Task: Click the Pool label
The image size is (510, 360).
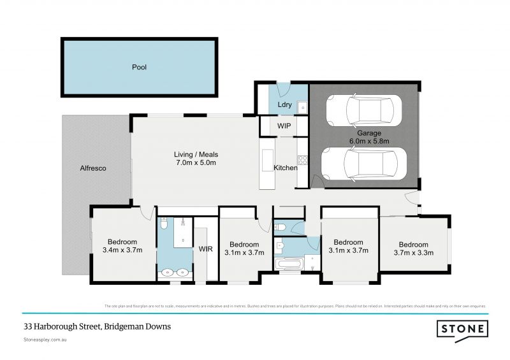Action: (139, 67)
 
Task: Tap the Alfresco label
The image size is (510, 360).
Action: (92, 169)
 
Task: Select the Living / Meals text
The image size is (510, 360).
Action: (196, 155)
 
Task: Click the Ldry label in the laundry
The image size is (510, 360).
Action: (284, 104)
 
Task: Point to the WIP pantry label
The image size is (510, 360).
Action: (284, 126)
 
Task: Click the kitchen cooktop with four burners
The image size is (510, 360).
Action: (303, 160)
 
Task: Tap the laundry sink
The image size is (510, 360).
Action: (302, 106)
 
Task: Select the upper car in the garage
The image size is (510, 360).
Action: (365, 112)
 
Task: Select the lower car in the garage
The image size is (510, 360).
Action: (363, 164)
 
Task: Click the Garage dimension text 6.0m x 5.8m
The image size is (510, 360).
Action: (369, 140)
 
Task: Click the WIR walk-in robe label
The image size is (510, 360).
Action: (205, 248)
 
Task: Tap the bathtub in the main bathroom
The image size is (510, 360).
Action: (290, 263)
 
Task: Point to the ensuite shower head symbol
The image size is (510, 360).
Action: (183, 223)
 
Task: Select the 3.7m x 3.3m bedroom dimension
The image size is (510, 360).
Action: (413, 253)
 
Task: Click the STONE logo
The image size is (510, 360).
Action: (462, 329)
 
